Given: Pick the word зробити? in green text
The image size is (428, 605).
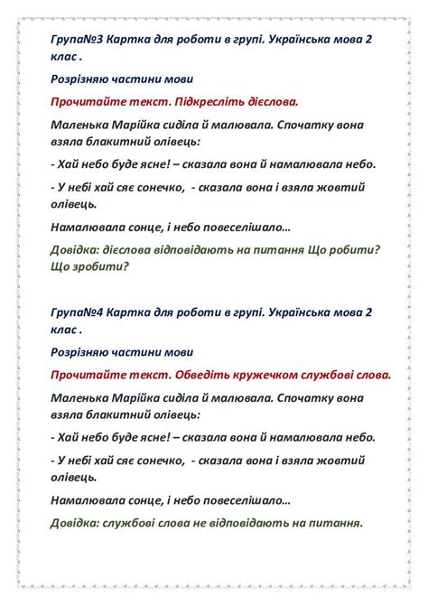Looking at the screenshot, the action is [x=99, y=266].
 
